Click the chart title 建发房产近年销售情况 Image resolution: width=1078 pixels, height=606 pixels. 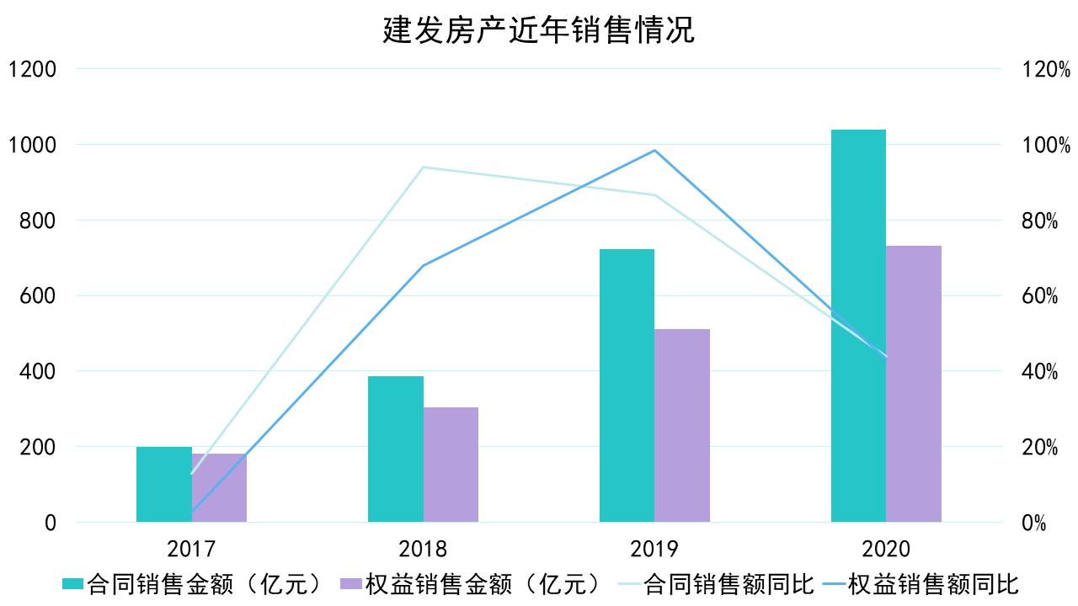tap(539, 30)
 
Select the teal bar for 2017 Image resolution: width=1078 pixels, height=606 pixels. tap(163, 485)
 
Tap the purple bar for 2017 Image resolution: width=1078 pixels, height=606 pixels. tap(219, 488)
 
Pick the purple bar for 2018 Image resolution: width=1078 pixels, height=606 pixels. tap(451, 465)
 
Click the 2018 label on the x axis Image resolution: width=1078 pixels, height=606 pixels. tap(423, 550)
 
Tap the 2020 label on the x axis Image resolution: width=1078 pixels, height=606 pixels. tap(886, 550)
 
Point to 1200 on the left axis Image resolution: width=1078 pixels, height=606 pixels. tap(32, 69)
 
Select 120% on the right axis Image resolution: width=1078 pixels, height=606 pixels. tap(1039, 69)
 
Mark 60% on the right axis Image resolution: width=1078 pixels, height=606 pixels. tap(1039, 296)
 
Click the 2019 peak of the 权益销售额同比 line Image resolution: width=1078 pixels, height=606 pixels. tap(654, 151)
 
